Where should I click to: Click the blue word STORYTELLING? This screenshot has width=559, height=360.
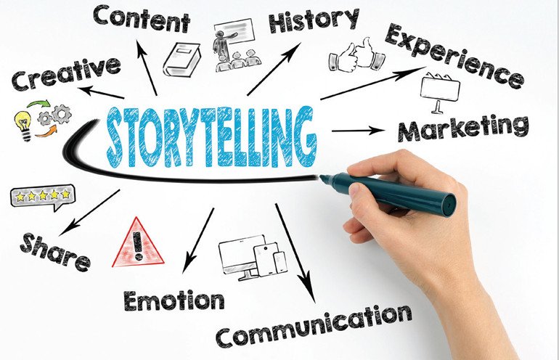point(211,136)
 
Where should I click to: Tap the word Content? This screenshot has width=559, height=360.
point(142,19)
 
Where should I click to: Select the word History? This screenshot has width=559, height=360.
point(314,20)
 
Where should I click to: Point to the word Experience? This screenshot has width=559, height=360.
point(454,56)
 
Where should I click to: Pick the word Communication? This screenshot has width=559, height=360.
point(314,326)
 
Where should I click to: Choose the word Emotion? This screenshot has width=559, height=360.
point(174,300)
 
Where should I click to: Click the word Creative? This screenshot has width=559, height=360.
point(66,74)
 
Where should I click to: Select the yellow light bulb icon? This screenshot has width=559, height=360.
point(23,125)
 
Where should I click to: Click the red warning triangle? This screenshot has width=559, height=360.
point(138,242)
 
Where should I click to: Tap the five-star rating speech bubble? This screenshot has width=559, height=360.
point(43,197)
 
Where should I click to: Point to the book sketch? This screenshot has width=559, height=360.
point(181,60)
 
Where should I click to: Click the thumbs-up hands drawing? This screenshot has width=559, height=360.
point(356,55)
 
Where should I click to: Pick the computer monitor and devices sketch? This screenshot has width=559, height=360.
point(253,257)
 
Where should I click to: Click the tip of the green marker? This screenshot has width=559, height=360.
point(320,177)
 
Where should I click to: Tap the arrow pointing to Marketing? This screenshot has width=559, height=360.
point(359,131)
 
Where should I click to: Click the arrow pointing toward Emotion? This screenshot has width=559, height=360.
point(198,240)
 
